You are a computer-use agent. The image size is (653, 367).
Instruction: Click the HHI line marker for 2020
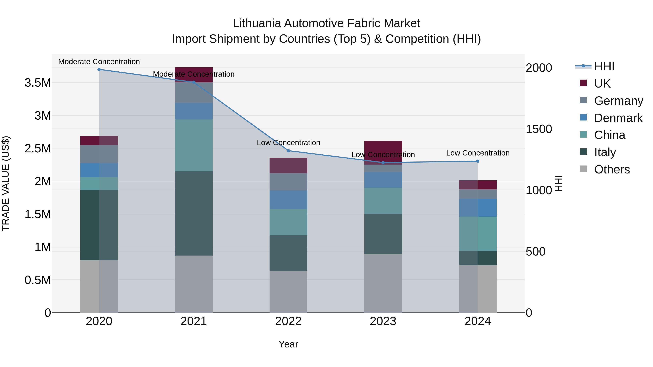[99, 69]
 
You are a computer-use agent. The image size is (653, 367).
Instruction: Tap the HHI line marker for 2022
[288, 151]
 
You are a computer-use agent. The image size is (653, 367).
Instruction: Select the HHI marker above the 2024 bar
[478, 161]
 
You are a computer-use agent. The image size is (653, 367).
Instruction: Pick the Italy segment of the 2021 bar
[194, 213]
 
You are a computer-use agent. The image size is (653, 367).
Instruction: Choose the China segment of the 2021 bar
[194, 145]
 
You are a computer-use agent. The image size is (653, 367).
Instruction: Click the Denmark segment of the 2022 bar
[288, 200]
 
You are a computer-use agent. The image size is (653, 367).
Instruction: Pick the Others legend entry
[611, 169]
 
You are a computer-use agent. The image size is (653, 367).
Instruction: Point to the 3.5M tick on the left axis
[38, 83]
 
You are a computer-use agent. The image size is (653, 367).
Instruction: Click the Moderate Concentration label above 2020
[99, 62]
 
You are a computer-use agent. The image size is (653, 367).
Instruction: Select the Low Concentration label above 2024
[478, 153]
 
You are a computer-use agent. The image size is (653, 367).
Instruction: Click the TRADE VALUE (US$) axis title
[6, 183]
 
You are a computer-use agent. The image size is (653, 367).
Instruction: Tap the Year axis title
[288, 344]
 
